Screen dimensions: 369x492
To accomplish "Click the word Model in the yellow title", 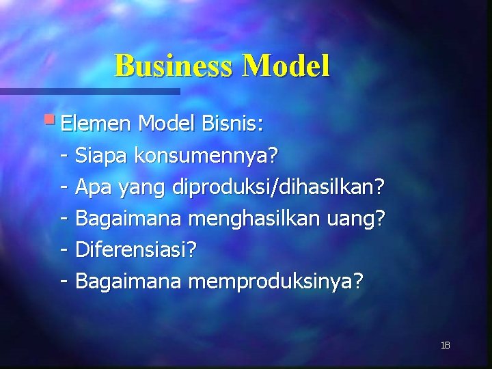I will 286,66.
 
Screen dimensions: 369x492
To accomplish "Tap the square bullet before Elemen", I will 53,120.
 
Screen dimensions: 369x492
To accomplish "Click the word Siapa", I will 102,156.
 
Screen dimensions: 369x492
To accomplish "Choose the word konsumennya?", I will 206,156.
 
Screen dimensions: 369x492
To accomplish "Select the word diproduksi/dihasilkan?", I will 279,187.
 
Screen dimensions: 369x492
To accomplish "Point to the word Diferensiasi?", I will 135,250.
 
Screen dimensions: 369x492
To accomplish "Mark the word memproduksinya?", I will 275,282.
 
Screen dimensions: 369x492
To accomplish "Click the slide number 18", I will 446,345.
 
